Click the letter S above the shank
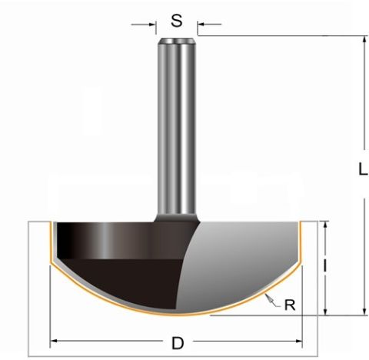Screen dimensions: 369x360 click(x=177, y=21)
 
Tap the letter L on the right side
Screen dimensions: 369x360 click(x=362, y=169)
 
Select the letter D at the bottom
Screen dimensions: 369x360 click(x=178, y=343)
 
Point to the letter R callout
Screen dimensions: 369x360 click(x=290, y=305)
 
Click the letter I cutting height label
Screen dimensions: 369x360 click(x=324, y=265)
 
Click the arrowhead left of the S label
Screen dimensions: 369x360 click(x=152, y=25)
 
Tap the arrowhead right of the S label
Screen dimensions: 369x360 click(x=201, y=25)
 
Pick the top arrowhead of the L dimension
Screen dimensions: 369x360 click(x=364, y=40)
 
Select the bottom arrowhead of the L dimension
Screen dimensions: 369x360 click(x=364, y=311)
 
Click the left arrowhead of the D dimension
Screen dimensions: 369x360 click(x=54, y=341)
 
